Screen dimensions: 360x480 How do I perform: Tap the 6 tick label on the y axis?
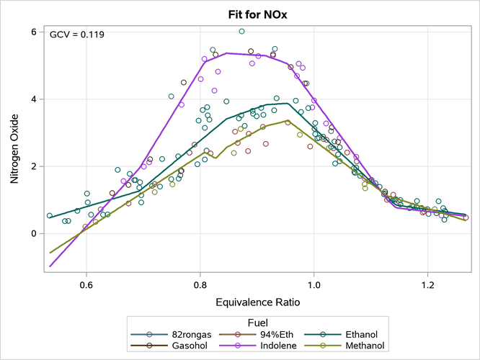pyautogui.click(x=33, y=32)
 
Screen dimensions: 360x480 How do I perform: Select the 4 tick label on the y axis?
pyautogui.click(x=33, y=99)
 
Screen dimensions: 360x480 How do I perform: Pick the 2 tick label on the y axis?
pyautogui.click(x=33, y=166)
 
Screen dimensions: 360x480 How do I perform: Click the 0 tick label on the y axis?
pyautogui.click(x=33, y=233)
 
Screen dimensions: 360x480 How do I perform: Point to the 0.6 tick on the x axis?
pyautogui.click(x=86, y=284)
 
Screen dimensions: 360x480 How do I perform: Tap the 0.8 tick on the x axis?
pyautogui.click(x=200, y=284)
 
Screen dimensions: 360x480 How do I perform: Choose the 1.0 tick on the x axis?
pyautogui.click(x=314, y=284)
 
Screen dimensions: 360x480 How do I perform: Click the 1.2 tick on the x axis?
pyautogui.click(x=428, y=284)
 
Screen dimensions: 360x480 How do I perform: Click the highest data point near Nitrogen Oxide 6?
pyautogui.click(x=242, y=32)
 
